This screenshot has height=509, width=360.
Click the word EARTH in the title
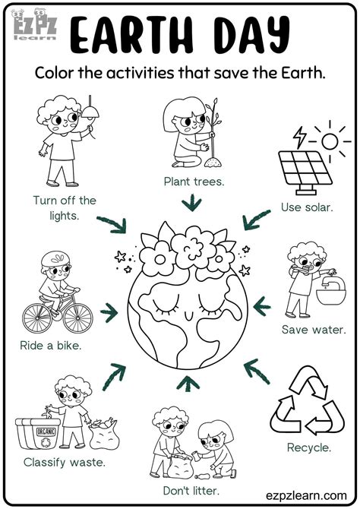(x=133, y=33)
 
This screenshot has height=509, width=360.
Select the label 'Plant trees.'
(x=193, y=181)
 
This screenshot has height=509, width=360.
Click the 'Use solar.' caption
(x=307, y=207)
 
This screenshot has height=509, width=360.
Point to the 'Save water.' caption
(x=314, y=330)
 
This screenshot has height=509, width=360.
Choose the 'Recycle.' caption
(x=308, y=447)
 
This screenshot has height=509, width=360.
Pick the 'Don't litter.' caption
(x=185, y=491)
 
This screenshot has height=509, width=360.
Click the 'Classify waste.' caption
(x=64, y=461)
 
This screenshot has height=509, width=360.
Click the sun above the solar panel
(x=331, y=141)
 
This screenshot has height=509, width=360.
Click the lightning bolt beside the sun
(x=299, y=136)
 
